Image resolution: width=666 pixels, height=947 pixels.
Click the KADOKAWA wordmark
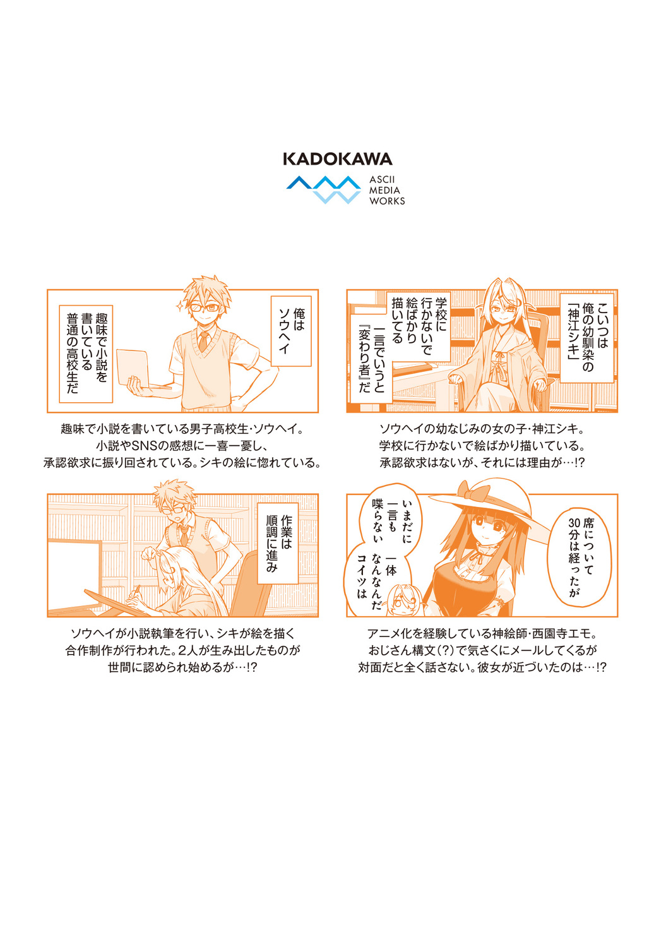click(x=338, y=159)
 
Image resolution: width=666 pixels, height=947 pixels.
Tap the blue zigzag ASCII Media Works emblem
click(x=323, y=189)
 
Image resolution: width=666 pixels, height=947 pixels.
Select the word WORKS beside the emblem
click(x=387, y=201)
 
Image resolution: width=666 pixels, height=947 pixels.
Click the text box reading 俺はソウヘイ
click(x=291, y=331)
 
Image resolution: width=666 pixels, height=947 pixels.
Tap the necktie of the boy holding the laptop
click(x=203, y=341)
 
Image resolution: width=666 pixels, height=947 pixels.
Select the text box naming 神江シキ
click(x=587, y=338)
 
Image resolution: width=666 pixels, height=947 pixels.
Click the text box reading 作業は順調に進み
click(x=278, y=543)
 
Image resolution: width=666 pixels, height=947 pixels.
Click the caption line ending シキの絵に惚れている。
click(x=182, y=463)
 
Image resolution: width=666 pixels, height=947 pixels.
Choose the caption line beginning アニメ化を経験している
click(x=482, y=634)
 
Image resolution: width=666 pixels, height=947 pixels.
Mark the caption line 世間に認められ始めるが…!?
click(x=182, y=667)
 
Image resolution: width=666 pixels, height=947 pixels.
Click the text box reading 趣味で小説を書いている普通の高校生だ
click(x=86, y=354)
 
